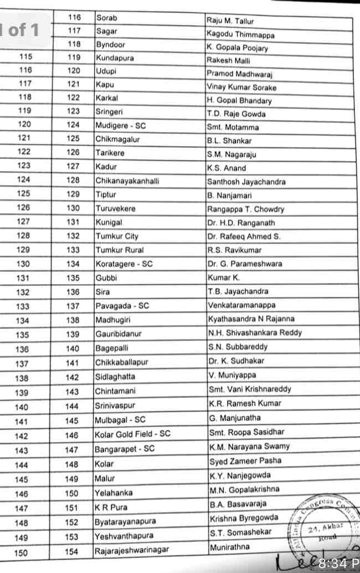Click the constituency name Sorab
[107, 18]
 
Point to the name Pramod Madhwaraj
[240, 74]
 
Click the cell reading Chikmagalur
[115, 139]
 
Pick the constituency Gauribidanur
[119, 334]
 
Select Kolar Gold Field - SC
[132, 434]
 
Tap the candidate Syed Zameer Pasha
[245, 461]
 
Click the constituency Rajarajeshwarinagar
[131, 550]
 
